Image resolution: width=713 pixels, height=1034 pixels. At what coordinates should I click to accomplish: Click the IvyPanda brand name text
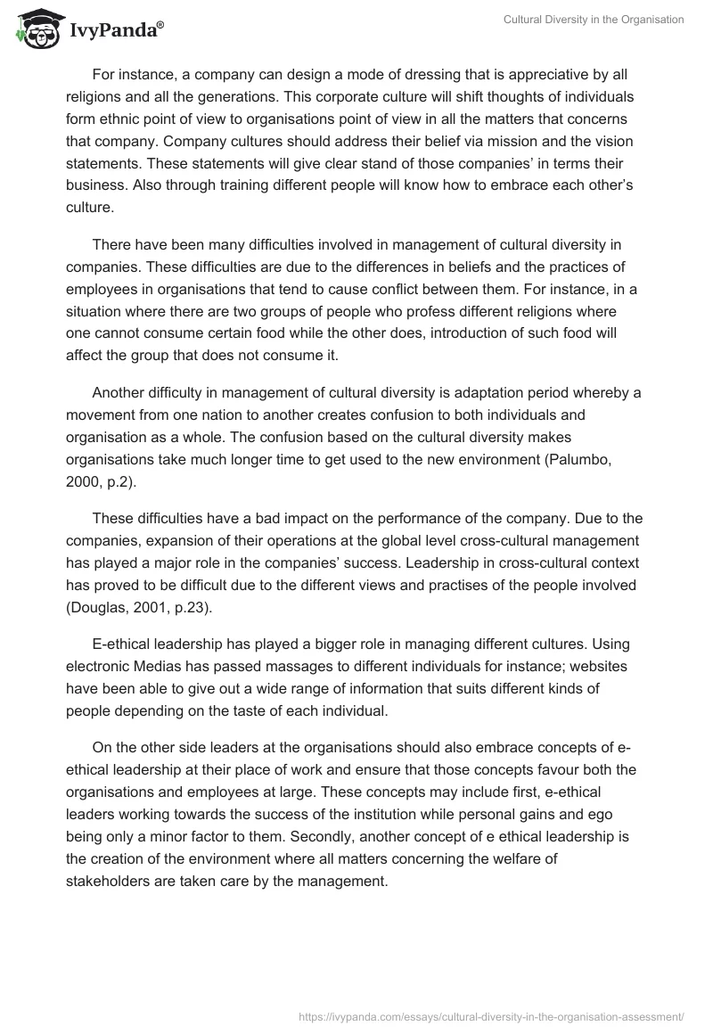point(116,29)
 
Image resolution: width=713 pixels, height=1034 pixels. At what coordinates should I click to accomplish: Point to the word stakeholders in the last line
point(110,881)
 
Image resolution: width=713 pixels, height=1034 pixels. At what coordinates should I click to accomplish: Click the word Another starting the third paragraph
point(119,394)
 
